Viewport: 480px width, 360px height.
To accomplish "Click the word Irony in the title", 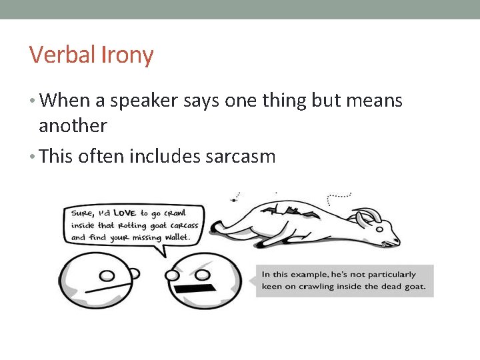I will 128,55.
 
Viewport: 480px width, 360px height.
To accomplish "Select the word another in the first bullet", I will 73,125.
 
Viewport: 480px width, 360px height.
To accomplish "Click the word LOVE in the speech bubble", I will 125,213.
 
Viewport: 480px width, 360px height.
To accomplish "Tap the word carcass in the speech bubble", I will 183,225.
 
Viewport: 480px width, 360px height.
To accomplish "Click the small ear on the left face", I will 134,272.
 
